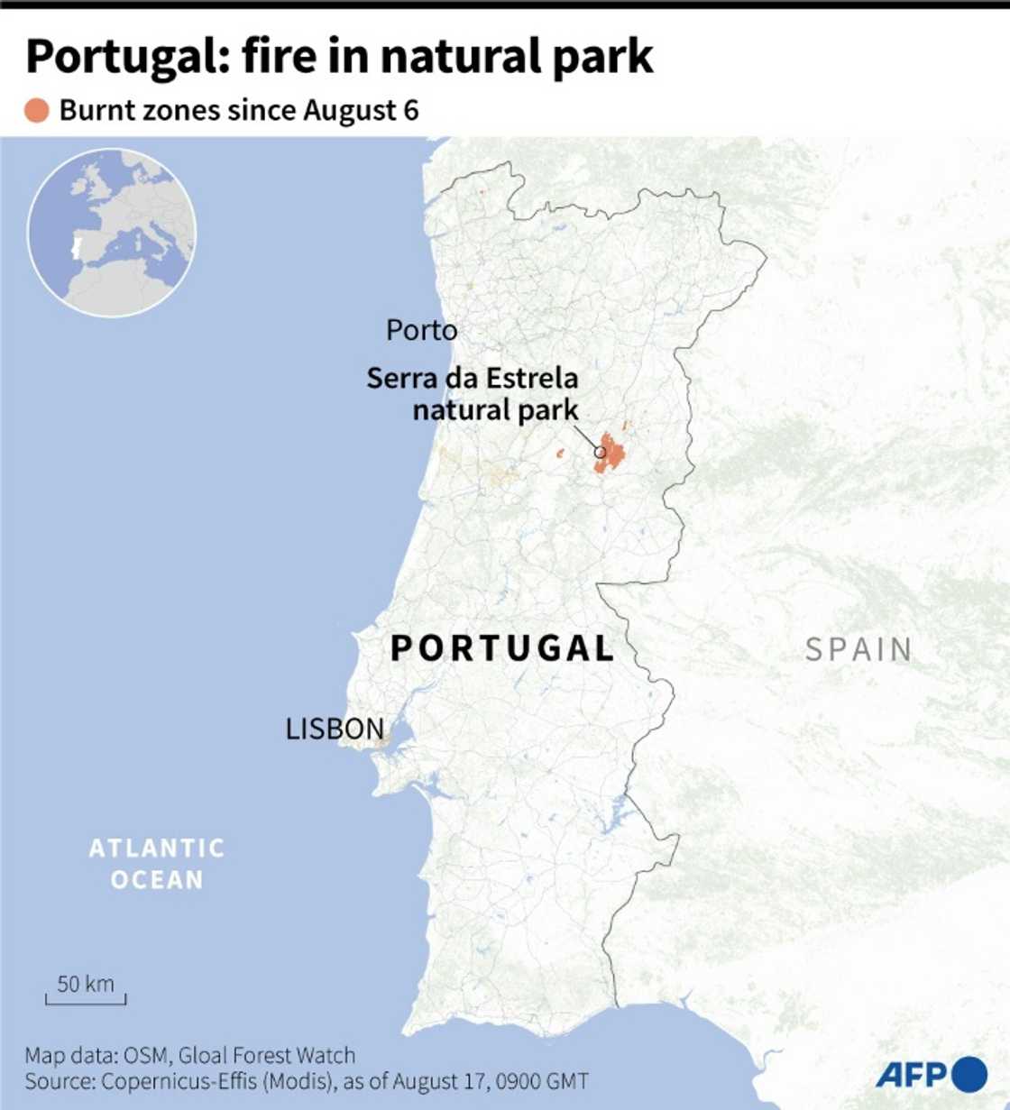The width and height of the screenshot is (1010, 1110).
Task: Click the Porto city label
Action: click(421, 331)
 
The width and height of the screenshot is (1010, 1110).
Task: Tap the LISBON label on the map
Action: click(335, 729)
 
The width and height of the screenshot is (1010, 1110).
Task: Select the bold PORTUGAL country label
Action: click(502, 648)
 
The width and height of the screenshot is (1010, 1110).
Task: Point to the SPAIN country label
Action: click(858, 649)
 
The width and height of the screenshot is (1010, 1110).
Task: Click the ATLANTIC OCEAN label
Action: click(157, 863)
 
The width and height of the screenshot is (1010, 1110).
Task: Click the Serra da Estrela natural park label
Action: click(473, 393)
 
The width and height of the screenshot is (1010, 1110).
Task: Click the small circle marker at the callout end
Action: click(600, 452)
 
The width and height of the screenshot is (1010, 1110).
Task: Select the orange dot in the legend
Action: click(37, 111)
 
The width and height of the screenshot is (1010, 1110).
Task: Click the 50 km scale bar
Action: click(86, 990)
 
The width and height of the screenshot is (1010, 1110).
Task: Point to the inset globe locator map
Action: click(112, 233)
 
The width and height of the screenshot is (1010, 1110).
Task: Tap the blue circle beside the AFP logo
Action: click(969, 1074)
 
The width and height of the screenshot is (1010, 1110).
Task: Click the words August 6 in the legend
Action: click(361, 110)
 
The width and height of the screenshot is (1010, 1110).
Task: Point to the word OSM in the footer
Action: click(145, 1055)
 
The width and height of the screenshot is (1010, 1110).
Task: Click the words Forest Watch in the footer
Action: click(293, 1055)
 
